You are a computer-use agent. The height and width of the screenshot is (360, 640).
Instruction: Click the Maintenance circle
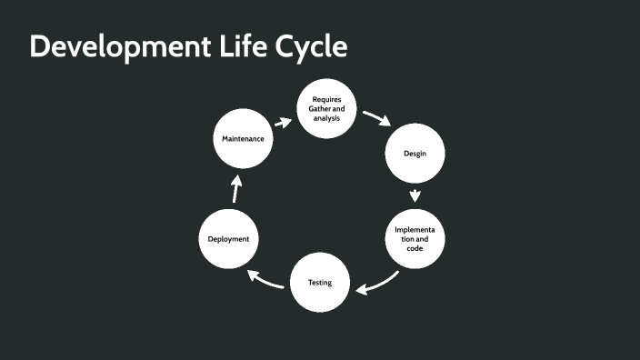click(x=243, y=139)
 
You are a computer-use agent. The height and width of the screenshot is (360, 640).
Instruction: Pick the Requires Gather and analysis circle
click(x=326, y=109)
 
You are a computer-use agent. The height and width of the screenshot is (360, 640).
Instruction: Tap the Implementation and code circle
click(x=415, y=239)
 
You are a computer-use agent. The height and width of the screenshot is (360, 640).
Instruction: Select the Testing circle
click(x=319, y=282)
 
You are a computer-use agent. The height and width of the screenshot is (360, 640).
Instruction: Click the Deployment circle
click(x=228, y=238)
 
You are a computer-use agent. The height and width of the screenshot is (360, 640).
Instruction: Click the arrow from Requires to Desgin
click(x=376, y=119)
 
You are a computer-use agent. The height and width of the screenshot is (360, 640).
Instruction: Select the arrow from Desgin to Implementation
click(x=415, y=195)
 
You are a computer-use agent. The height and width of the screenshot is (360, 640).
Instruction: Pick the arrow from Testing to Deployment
click(x=265, y=280)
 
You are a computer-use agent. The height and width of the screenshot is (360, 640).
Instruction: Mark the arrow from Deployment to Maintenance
click(x=235, y=189)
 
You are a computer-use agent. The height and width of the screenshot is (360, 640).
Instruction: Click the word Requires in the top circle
click(x=326, y=99)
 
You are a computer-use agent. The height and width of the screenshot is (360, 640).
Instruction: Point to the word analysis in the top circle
click(x=326, y=119)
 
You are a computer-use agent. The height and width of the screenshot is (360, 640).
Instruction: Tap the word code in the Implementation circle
click(x=415, y=249)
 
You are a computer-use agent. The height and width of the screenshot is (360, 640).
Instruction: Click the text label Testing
click(x=319, y=282)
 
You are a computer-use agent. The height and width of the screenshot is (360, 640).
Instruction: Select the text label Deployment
click(x=228, y=238)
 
